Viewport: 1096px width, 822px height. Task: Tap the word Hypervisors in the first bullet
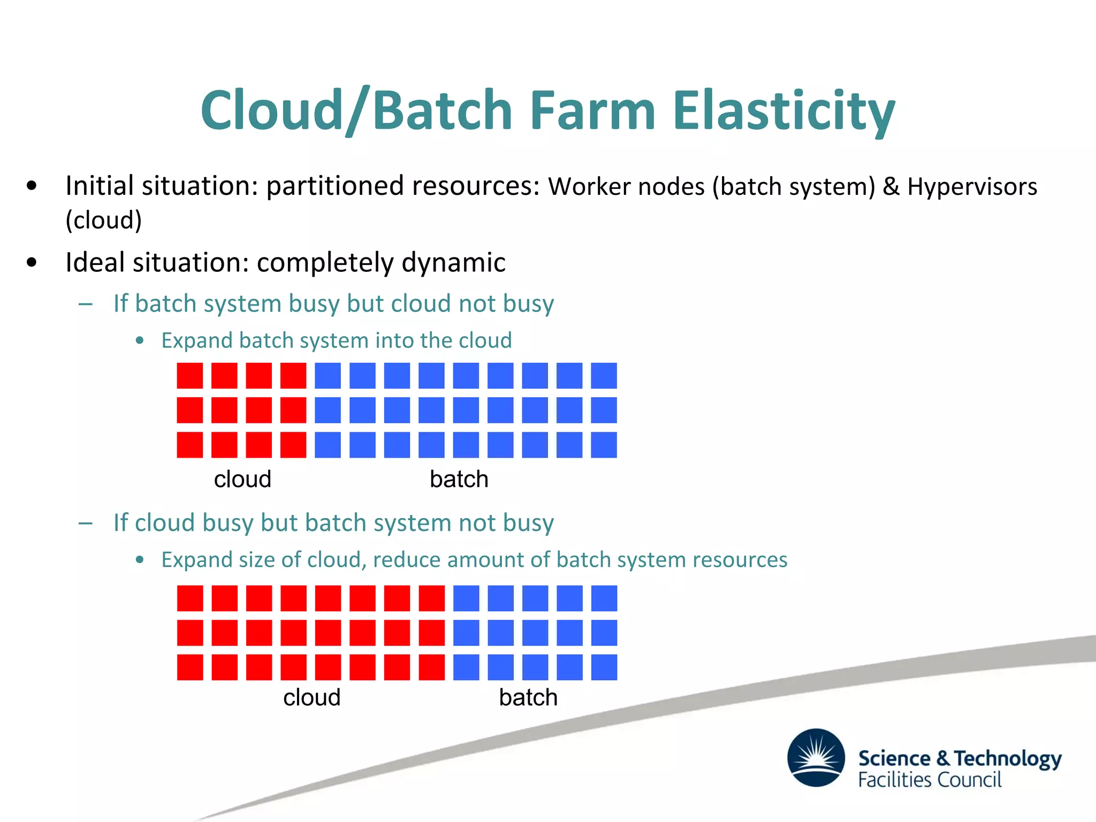tap(972, 187)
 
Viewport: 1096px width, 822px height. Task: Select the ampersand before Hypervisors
tap(891, 187)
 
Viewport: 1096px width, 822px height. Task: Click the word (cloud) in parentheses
tap(104, 220)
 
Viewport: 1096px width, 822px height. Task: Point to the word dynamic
tap(453, 263)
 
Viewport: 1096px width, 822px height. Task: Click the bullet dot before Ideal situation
tap(32, 263)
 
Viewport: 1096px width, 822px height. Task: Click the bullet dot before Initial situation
tap(32, 186)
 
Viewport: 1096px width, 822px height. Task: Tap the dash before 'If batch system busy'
tap(86, 304)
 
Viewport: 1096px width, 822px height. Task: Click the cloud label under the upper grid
tap(242, 479)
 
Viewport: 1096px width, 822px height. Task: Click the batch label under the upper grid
tap(459, 479)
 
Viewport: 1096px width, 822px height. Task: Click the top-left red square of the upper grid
tap(190, 376)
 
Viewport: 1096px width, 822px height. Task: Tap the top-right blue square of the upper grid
tap(604, 376)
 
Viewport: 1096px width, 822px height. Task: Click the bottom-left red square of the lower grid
tap(190, 667)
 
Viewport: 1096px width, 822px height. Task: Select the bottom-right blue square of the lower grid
tap(604, 667)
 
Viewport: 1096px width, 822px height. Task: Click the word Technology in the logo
tap(1008, 759)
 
